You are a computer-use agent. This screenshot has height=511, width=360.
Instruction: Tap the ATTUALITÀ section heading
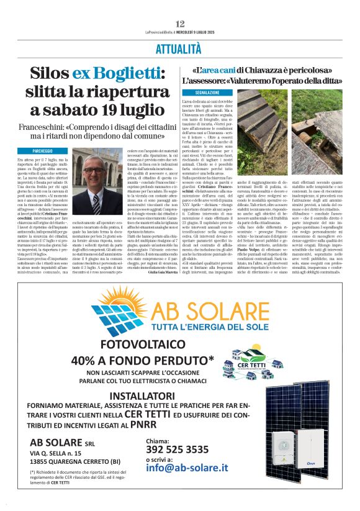point(180,48)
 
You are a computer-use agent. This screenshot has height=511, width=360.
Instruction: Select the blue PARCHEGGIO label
point(42,151)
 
